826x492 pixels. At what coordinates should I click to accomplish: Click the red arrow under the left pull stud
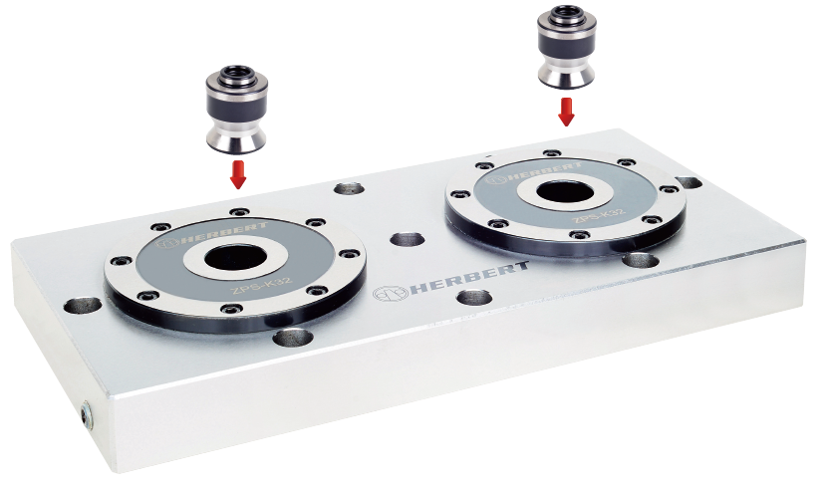pos(238,175)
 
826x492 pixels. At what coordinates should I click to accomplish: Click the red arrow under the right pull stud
pos(566,113)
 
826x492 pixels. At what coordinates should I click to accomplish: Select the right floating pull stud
pos(567,47)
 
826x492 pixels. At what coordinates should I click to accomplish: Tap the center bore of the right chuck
pos(565,193)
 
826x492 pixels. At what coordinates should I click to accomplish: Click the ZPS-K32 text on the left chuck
pos(261,287)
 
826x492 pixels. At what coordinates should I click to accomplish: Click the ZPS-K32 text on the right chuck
pos(599,215)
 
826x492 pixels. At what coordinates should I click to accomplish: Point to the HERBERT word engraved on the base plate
pos(469,278)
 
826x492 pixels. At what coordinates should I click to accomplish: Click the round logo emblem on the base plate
pos(391,294)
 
